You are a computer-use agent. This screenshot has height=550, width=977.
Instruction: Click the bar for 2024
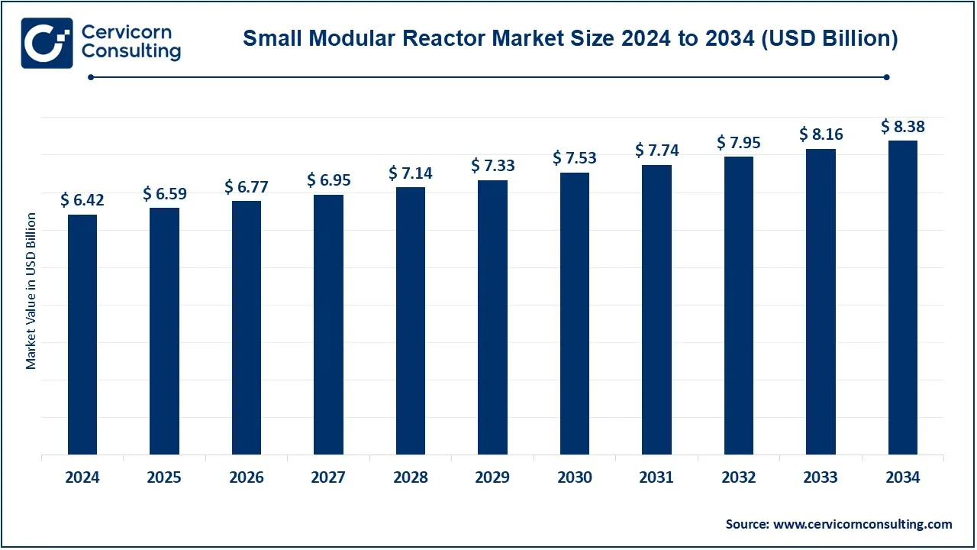[82, 335]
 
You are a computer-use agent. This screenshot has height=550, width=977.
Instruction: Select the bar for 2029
[492, 317]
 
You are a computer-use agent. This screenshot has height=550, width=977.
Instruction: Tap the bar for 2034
[903, 298]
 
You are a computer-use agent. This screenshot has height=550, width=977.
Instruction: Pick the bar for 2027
[328, 325]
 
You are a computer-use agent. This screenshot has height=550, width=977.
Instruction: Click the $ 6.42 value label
[82, 200]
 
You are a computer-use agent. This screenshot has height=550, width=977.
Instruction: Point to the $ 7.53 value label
[575, 158]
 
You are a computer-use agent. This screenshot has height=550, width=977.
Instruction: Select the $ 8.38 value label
[903, 126]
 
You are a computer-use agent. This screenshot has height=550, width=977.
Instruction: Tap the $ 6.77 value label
[247, 186]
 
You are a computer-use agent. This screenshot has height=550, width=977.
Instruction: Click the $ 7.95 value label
[739, 142]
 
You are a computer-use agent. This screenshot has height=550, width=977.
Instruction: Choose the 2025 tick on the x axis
[164, 477]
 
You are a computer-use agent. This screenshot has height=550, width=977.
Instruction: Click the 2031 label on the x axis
[656, 477]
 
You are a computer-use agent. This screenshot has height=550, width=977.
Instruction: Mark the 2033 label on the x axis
[821, 477]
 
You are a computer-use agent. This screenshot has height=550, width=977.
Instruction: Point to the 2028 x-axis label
[411, 477]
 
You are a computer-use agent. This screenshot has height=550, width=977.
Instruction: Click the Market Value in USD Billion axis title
[31, 292]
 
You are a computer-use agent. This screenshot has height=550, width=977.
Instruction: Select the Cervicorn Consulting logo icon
[47, 42]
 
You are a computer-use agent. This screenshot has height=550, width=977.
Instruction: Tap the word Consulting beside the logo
[131, 52]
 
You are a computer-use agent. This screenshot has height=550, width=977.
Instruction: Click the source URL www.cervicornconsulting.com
[863, 524]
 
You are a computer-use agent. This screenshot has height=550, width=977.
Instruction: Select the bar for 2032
[739, 306]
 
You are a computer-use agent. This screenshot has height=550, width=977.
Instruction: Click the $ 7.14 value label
[411, 173]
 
